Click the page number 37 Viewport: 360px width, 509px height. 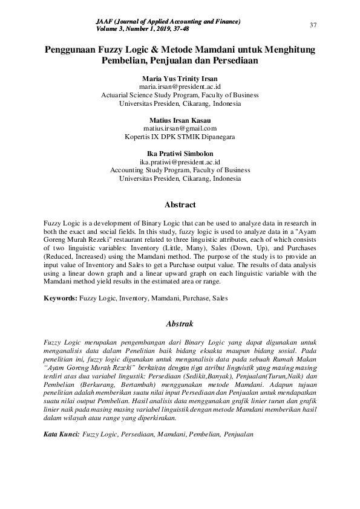(x=313, y=25)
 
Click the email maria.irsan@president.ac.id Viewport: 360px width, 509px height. (x=180, y=87)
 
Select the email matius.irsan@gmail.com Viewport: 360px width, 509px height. (x=180, y=129)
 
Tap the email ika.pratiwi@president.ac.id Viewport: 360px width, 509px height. (x=180, y=162)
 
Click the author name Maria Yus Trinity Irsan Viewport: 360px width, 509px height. (x=180, y=79)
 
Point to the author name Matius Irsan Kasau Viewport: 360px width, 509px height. (x=180, y=120)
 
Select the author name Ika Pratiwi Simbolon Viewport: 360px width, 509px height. (x=180, y=154)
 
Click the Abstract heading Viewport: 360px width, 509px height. (x=180, y=205)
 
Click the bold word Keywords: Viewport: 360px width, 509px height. (x=61, y=298)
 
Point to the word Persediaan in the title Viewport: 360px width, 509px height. (x=233, y=60)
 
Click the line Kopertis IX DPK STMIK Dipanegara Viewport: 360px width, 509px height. (x=180, y=137)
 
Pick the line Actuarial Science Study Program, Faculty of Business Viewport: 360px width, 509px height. (x=180, y=95)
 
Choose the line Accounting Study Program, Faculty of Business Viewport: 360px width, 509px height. (x=180, y=170)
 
